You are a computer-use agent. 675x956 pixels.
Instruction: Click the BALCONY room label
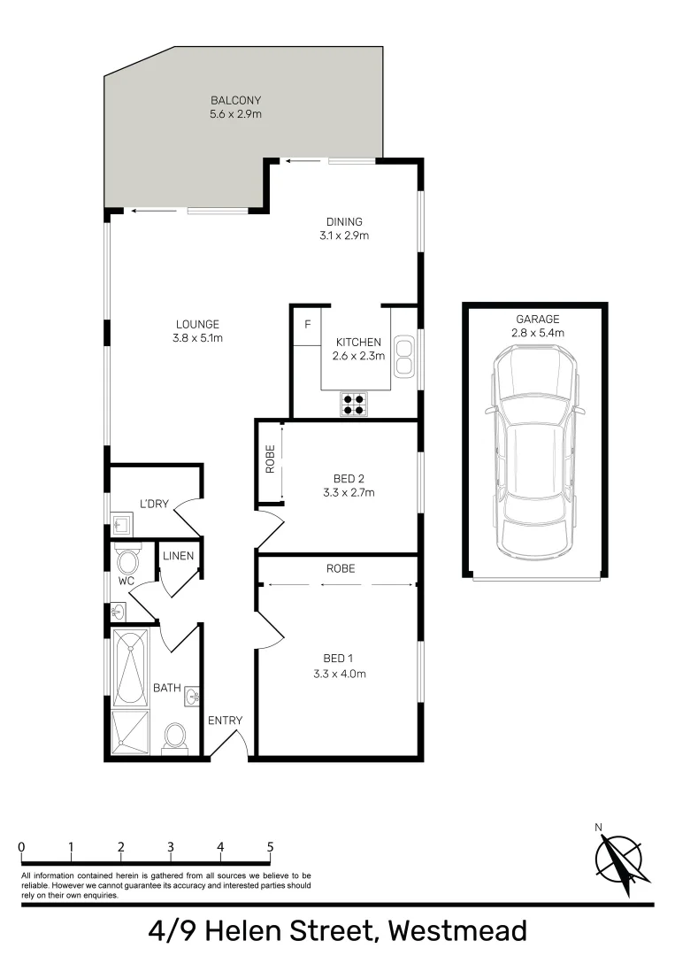coord(236,100)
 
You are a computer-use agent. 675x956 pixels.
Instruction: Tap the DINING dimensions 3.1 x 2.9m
coord(343,236)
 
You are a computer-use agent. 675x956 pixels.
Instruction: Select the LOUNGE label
coord(197,324)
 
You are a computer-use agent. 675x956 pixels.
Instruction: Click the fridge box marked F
coord(307,325)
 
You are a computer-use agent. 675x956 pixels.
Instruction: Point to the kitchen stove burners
coord(353,404)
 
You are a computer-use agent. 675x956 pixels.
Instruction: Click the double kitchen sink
coord(403,354)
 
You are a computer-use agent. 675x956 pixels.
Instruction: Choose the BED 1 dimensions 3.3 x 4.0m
coord(340,674)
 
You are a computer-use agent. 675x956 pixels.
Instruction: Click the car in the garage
coord(534,451)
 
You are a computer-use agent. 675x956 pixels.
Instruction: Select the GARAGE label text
coord(538,319)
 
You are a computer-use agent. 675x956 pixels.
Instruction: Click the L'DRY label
coord(154,505)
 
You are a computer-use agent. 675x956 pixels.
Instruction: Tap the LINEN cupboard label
coord(178,556)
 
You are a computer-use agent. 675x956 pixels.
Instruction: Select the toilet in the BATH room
coord(176,736)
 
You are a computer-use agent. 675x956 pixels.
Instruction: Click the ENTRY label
coord(225,721)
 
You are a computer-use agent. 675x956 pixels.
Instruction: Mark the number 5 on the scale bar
coord(270,846)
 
